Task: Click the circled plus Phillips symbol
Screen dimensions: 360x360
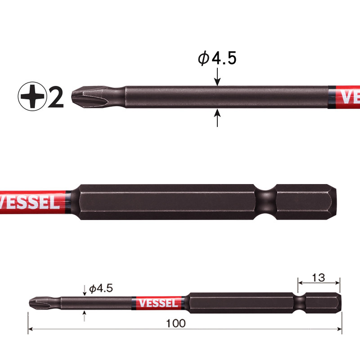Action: coord(32,96)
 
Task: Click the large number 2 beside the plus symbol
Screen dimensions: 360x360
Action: coord(55,97)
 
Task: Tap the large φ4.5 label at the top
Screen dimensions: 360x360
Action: coord(217,58)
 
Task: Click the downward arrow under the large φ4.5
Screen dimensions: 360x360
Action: coord(217,76)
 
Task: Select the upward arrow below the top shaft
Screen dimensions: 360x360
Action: coord(217,117)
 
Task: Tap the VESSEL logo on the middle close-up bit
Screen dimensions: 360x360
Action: coord(29,202)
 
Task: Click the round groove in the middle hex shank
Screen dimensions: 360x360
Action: coord(265,202)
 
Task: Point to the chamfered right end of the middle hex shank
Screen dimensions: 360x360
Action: coord(333,202)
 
